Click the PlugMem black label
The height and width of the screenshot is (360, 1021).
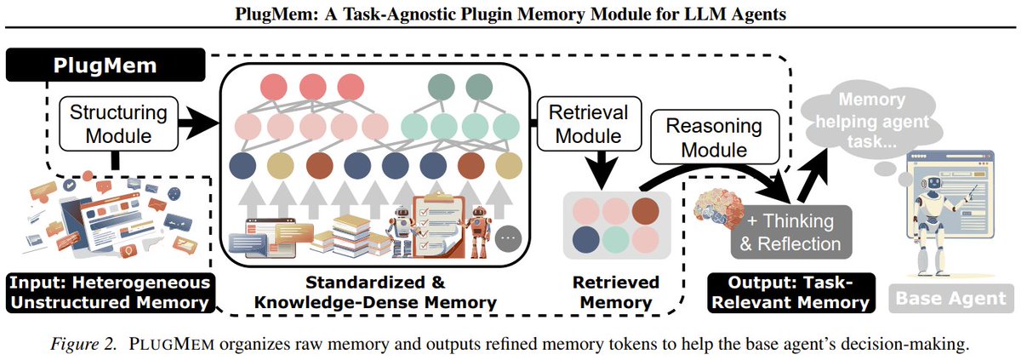[106, 66]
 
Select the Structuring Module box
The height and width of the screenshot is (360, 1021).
[118, 124]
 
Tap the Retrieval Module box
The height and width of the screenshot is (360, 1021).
[589, 124]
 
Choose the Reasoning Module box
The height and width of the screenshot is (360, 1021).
[714, 137]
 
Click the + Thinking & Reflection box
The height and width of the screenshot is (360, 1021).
[790, 232]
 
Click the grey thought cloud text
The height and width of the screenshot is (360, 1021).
[872, 120]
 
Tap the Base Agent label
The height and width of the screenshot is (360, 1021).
[951, 298]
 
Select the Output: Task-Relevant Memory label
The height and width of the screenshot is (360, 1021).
[790, 293]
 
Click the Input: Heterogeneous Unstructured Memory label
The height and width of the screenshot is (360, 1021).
[110, 293]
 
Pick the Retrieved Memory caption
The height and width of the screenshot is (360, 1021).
[616, 293]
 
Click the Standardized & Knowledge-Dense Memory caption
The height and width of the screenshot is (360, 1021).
[375, 293]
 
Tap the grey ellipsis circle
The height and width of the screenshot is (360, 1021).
[508, 238]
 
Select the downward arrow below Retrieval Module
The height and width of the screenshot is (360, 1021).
[602, 169]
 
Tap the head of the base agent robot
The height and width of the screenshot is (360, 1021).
[934, 183]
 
